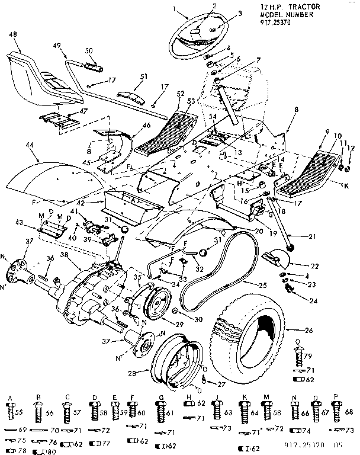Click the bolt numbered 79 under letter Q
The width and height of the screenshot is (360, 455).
(x=297, y=357)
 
